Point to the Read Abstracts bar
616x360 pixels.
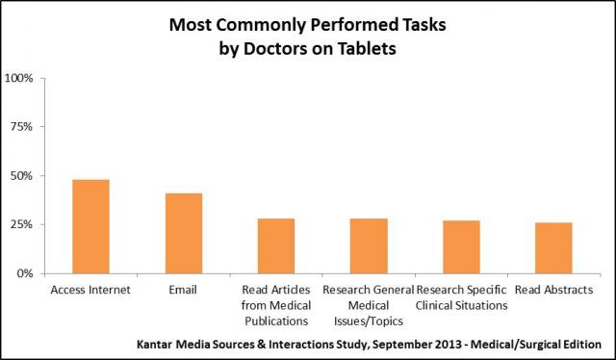(x=553, y=247)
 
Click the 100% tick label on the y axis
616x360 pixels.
(x=20, y=77)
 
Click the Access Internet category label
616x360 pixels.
(x=91, y=290)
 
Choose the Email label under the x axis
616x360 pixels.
(x=184, y=290)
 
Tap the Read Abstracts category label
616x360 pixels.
(x=553, y=290)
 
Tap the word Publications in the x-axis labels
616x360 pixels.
(x=276, y=321)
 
